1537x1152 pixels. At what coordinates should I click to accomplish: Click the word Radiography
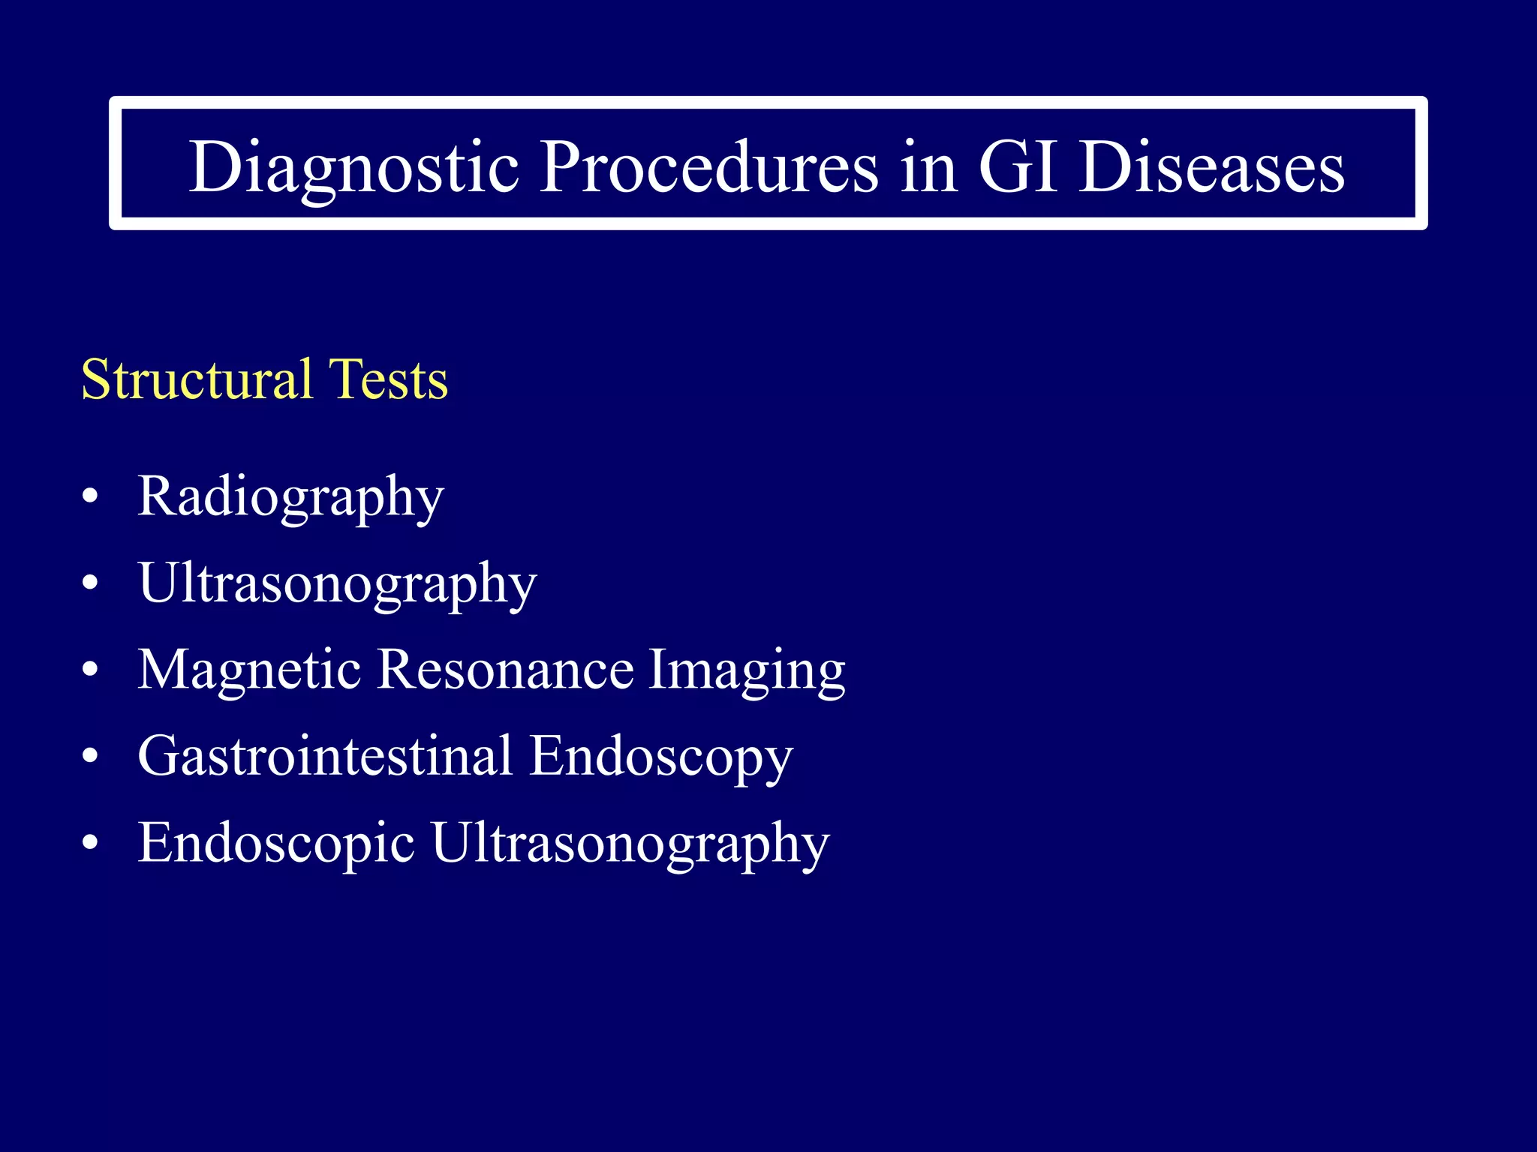(x=290, y=497)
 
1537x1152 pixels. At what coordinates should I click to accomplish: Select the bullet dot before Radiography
(x=90, y=497)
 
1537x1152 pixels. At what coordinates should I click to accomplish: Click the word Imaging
(x=746, y=670)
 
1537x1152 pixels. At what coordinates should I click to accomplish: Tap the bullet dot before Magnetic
(x=90, y=670)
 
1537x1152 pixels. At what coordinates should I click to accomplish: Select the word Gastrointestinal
(x=325, y=756)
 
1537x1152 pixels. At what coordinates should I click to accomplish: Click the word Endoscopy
(x=660, y=756)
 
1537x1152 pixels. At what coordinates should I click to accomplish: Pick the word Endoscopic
(x=275, y=843)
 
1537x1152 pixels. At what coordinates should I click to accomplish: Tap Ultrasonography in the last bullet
(x=630, y=843)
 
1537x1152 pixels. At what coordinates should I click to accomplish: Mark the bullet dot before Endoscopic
(x=90, y=843)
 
